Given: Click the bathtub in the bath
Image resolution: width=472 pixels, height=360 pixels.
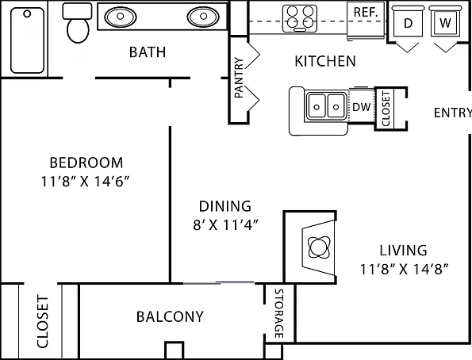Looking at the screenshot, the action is click(x=28, y=40).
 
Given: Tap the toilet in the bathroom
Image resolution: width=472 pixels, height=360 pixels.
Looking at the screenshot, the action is click(x=78, y=23).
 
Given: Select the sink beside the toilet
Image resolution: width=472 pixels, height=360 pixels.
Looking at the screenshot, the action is click(x=120, y=17).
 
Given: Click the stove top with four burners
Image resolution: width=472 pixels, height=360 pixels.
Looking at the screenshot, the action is click(x=300, y=19).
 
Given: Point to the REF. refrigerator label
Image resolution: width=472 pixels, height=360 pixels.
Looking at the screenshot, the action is click(x=366, y=13).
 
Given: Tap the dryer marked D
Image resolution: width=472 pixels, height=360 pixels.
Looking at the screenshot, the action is click(x=408, y=21).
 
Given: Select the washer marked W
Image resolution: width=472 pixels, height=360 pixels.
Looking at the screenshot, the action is click(x=445, y=21).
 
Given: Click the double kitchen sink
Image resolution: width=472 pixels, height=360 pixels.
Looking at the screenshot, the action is click(x=326, y=106).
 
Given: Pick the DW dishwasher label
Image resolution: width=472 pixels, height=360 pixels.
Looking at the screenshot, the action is click(x=361, y=106).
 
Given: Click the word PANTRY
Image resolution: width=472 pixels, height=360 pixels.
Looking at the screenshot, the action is click(x=239, y=78).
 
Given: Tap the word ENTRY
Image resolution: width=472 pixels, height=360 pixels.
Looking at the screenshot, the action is click(x=453, y=113).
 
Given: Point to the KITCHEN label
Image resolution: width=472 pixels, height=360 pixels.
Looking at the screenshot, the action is click(x=325, y=61).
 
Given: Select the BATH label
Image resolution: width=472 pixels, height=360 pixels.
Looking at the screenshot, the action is click(x=148, y=52).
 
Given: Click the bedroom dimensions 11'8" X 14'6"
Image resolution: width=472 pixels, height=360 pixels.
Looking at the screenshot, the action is click(x=85, y=182).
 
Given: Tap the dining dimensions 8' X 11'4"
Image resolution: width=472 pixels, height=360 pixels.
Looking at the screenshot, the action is click(x=225, y=224).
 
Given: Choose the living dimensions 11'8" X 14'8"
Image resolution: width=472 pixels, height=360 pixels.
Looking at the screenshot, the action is click(x=405, y=269).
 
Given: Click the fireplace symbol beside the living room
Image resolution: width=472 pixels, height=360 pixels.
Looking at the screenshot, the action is click(x=319, y=247).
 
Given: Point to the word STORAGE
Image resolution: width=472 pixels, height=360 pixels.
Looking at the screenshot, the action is click(x=279, y=313).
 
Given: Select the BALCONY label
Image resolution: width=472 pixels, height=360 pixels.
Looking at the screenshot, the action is click(x=170, y=316).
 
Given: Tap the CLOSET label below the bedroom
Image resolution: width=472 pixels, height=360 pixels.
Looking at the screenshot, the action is click(x=43, y=321).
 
